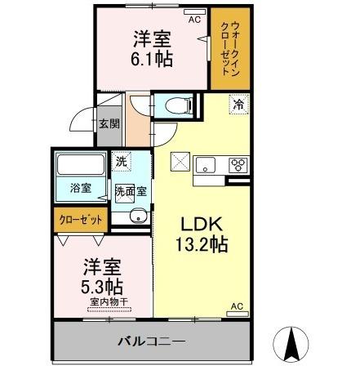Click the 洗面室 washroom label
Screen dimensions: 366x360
tap(130, 192)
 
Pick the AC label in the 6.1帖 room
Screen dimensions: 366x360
tap(194, 18)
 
